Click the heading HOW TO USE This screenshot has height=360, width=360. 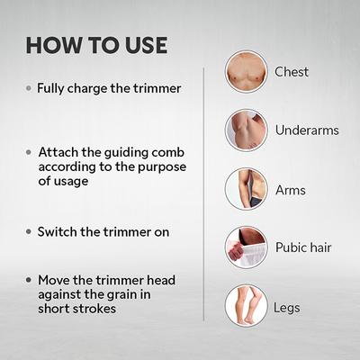coord(96,44)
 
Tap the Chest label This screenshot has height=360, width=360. coord(292,71)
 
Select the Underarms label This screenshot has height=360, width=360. coord(307,130)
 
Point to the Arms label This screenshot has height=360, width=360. coord(291,190)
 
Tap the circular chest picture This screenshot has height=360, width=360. coord(246,71)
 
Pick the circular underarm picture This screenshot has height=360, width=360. coord(246,130)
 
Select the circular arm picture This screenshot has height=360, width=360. coord(246,189)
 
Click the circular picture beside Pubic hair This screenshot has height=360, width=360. coord(246,247)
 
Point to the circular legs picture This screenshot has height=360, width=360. coord(246,306)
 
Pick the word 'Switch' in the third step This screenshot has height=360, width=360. coord(57,231)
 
